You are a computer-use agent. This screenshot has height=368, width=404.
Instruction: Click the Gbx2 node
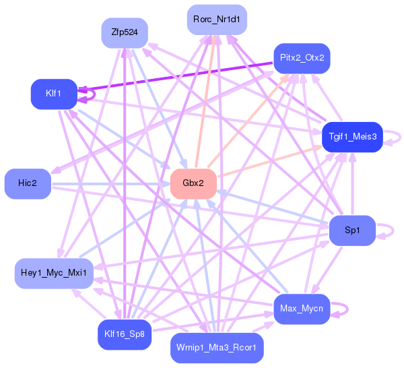(x=193, y=183)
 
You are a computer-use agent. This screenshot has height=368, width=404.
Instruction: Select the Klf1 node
(x=54, y=94)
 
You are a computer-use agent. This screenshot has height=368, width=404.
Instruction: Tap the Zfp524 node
(x=125, y=33)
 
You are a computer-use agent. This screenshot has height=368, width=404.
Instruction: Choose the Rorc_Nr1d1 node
(x=217, y=20)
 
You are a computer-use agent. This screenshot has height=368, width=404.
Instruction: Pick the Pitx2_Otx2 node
(x=302, y=58)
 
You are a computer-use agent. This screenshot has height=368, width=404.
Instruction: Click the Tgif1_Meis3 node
(x=352, y=137)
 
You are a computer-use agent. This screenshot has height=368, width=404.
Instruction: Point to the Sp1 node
(x=352, y=231)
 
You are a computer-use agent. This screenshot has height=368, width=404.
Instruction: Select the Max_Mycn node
(x=302, y=309)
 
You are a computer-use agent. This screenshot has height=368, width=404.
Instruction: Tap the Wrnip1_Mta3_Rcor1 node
(x=217, y=348)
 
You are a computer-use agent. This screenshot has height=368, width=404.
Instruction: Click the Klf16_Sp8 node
(x=125, y=335)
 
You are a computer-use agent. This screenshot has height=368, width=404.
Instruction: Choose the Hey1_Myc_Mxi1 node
(x=54, y=274)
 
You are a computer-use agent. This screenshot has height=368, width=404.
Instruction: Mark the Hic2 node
(x=28, y=183)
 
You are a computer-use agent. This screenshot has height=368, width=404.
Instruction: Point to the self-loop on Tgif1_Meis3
(x=401, y=137)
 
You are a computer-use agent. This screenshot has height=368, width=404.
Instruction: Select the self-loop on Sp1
(x=393, y=231)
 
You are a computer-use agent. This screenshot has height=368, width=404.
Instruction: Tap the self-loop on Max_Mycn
(x=347, y=309)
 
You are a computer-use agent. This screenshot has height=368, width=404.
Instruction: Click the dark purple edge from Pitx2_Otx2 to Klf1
(x=175, y=76)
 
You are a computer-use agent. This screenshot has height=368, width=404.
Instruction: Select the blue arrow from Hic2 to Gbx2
(x=111, y=184)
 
